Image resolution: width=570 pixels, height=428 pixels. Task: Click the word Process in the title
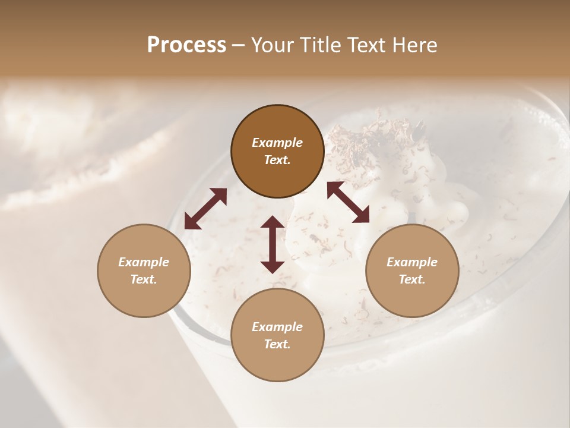pos(186,45)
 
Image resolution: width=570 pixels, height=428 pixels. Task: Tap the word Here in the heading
pos(414,45)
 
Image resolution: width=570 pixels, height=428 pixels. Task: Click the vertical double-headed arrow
pos(273,244)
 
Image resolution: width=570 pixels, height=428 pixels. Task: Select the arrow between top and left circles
pos(205,209)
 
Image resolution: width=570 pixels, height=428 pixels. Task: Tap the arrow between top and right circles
pos(348,202)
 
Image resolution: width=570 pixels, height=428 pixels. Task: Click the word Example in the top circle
pos(277,143)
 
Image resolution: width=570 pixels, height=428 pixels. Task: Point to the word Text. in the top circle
pos(277,160)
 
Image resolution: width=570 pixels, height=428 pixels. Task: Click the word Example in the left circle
pos(144,262)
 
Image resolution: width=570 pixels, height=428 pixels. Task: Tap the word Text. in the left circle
pos(144,279)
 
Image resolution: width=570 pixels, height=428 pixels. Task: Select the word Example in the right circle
pos(412,262)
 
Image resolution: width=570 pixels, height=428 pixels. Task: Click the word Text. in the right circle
pos(412,279)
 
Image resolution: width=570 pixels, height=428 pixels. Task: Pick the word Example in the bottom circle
pos(277,327)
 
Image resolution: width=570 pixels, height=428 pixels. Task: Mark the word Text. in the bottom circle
pos(277,344)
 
